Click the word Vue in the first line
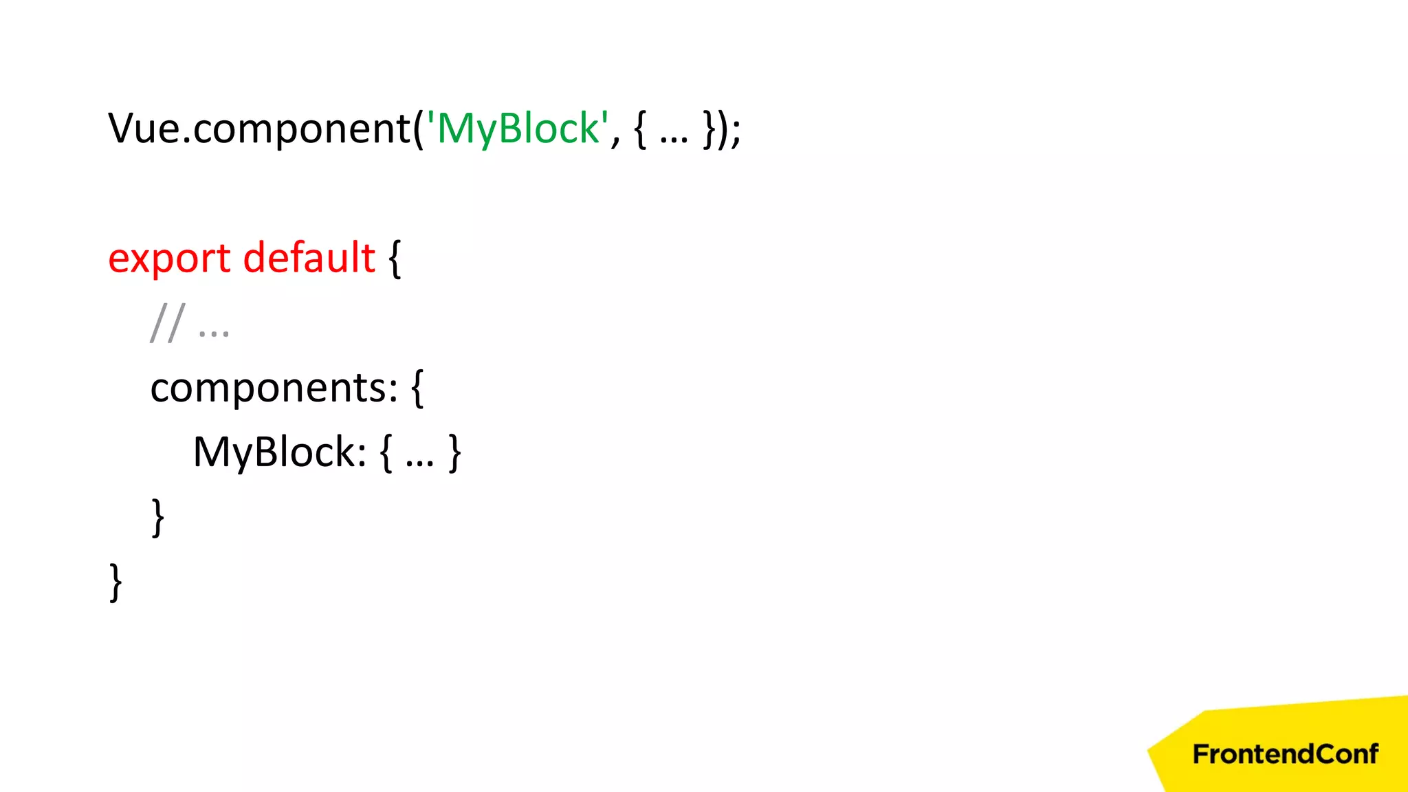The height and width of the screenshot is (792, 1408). tap(144, 129)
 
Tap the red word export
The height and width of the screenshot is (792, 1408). tap(169, 259)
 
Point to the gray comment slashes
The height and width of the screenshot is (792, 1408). tap(167, 323)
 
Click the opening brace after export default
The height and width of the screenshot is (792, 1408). tap(395, 259)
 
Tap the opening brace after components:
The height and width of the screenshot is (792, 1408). tap(417, 388)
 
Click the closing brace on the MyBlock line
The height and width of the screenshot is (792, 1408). tap(454, 453)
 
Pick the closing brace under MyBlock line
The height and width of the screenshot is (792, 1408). tap(158, 517)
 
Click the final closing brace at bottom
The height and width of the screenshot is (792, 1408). tap(116, 582)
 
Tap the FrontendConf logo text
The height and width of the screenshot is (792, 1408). tap(1285, 754)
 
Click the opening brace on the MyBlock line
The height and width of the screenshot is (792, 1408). tap(386, 453)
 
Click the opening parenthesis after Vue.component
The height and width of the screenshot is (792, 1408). tap(419, 129)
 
